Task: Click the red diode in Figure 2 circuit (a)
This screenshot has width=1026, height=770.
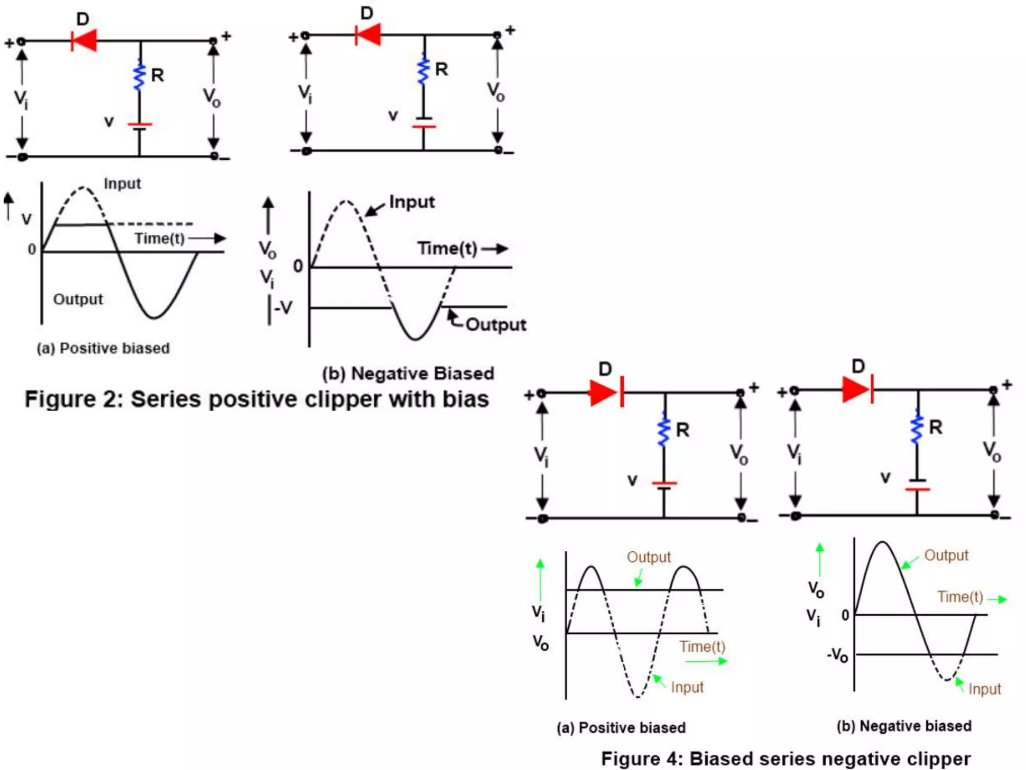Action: pos(84,41)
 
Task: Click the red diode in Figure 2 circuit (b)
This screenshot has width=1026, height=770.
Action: pos(368,35)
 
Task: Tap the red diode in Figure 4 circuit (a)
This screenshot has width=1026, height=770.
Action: pos(606,393)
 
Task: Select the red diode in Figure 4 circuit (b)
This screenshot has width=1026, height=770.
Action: pos(857,390)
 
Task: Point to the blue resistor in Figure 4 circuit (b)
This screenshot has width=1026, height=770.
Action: pos(917,427)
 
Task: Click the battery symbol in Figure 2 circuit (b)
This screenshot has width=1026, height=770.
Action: pos(424,123)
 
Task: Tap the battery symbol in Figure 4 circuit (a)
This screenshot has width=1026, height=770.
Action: pos(664,486)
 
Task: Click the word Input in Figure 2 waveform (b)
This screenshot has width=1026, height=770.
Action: pos(412,202)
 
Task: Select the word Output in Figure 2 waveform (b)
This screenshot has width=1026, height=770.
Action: pos(496,325)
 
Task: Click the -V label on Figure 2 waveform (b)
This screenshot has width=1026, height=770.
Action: pos(283,307)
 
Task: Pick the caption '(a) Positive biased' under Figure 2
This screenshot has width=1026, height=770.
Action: pos(103,348)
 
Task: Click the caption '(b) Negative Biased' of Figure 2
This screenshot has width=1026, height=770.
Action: pos(408,373)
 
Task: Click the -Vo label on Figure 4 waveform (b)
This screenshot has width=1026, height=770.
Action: pos(837,655)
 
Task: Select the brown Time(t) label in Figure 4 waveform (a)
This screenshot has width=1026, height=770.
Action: pos(702,647)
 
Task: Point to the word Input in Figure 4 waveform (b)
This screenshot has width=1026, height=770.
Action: pos(984,689)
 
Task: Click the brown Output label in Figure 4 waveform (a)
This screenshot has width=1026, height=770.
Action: pos(649,557)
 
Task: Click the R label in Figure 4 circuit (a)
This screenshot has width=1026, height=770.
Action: pos(683,430)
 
